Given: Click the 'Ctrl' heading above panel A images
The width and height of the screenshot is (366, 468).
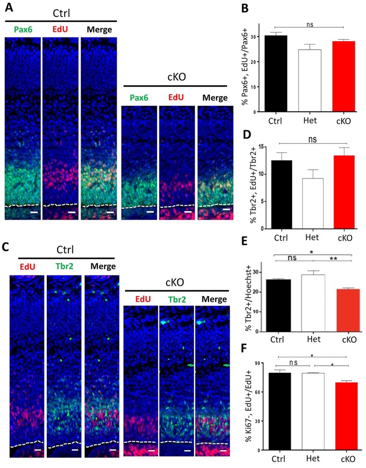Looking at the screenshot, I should coord(59,10).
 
